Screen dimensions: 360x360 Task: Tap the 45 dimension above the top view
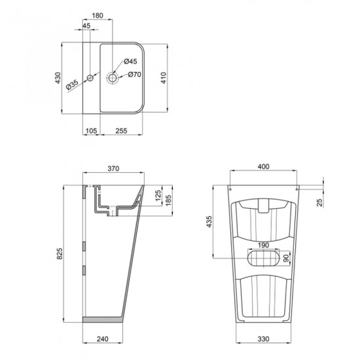click(87, 26)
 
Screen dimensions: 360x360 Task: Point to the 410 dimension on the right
click(173, 79)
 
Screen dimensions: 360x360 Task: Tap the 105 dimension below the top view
click(91, 131)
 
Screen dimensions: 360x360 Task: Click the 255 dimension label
click(121, 131)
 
